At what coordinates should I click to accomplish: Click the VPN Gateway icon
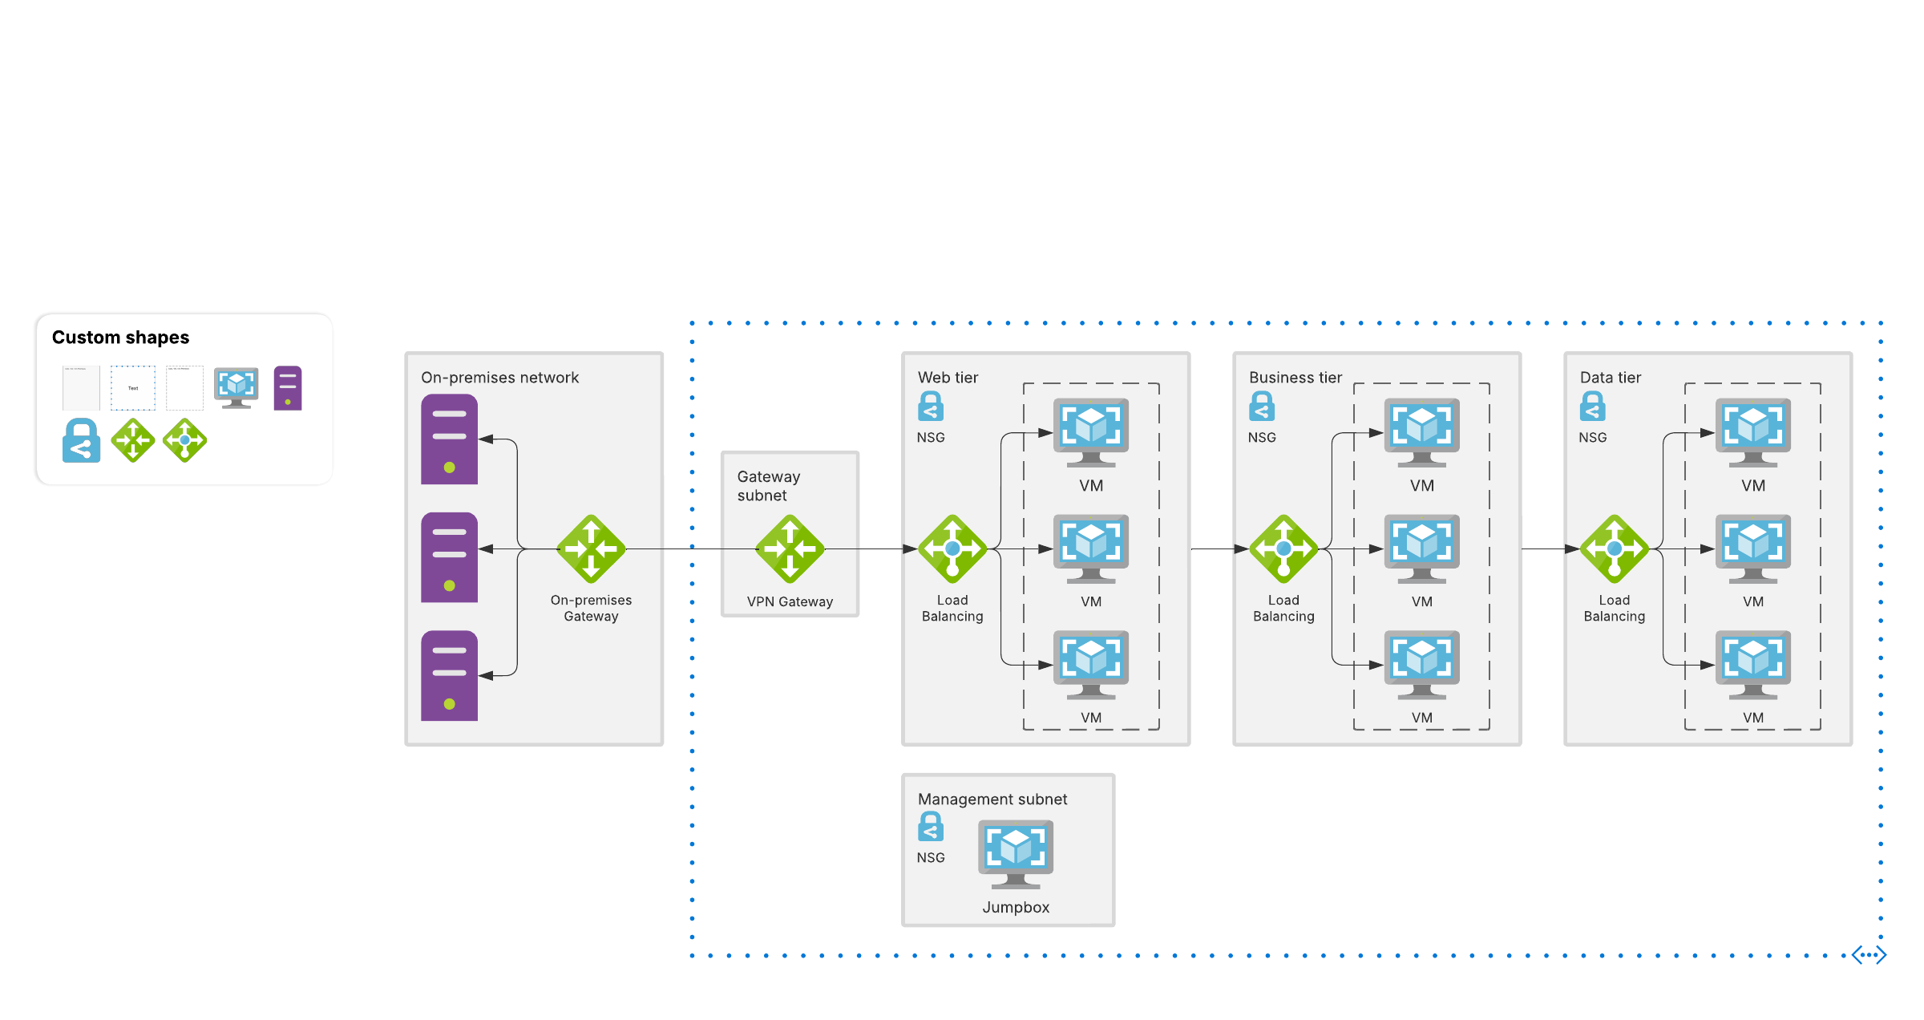point(790,548)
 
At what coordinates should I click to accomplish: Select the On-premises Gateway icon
point(591,548)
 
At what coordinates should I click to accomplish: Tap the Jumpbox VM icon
point(1016,852)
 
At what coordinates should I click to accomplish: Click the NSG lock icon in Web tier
point(931,407)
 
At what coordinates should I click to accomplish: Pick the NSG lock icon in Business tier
point(1262,407)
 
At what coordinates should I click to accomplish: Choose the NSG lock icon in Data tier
point(1593,407)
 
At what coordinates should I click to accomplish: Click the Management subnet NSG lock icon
point(931,827)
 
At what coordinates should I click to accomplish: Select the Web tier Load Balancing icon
point(952,548)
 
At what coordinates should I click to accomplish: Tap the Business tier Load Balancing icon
point(1283,548)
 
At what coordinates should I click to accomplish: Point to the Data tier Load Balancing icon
point(1615,548)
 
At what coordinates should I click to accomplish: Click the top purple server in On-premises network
point(449,439)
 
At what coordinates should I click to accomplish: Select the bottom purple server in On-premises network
point(449,675)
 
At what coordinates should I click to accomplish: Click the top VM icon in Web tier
point(1091,431)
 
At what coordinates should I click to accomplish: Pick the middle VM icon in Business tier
point(1422,548)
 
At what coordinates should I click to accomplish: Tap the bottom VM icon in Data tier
point(1753,664)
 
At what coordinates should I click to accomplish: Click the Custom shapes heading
point(120,338)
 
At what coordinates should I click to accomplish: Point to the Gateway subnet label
point(768,486)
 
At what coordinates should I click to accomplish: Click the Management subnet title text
point(992,799)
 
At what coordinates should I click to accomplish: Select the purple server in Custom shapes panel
point(288,388)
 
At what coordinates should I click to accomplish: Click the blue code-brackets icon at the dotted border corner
point(1869,955)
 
